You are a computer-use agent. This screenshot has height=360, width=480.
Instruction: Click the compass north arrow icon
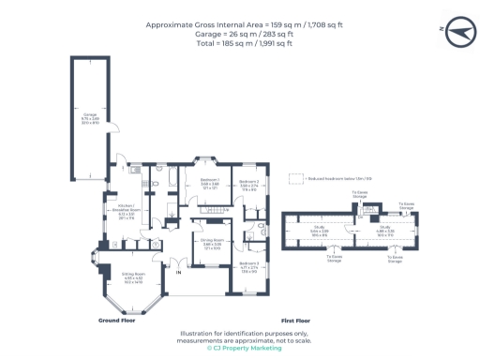[453, 31]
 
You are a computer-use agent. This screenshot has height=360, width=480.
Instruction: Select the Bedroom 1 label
[210, 185]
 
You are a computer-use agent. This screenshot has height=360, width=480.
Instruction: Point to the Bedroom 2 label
[248, 185]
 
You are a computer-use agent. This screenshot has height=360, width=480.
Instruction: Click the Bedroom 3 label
[249, 268]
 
